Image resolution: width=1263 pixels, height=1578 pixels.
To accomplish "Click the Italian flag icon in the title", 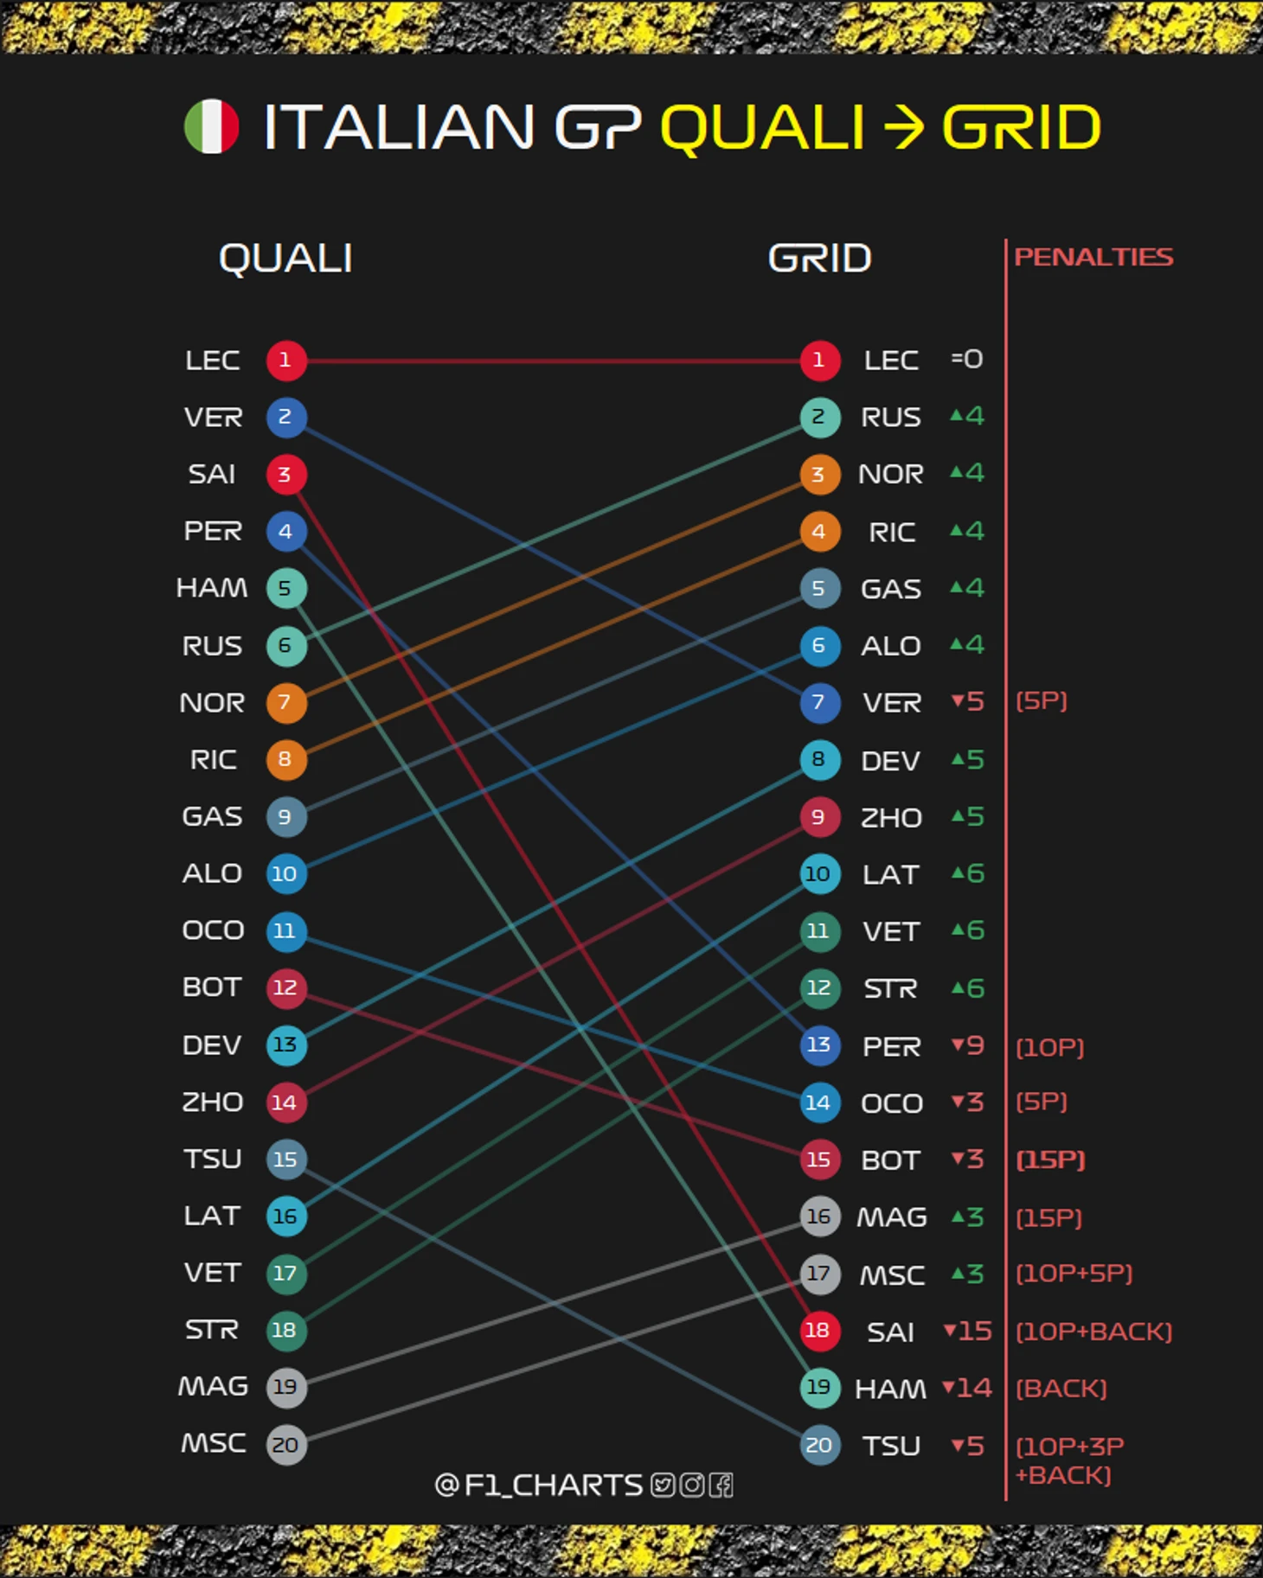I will pyautogui.click(x=212, y=127).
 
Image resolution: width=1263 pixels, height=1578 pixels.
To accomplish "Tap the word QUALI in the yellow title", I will pyautogui.click(x=762, y=128).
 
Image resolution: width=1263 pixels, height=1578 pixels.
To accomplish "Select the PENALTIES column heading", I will pyautogui.click(x=1093, y=257).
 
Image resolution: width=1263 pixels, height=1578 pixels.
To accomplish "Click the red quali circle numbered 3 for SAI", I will pyautogui.click(x=285, y=475).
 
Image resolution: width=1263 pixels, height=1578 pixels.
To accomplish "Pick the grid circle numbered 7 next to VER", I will pyautogui.click(x=819, y=702).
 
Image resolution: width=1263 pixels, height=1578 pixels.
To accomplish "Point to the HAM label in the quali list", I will pyautogui.click(x=212, y=589).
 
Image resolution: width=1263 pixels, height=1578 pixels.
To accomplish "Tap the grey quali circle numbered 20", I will pyautogui.click(x=285, y=1444).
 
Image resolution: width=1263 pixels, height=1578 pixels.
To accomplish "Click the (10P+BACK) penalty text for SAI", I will pyautogui.click(x=1093, y=1332).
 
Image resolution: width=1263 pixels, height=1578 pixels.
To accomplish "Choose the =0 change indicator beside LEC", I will pyautogui.click(x=967, y=359).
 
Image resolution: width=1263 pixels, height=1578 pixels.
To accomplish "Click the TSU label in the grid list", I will pyautogui.click(x=891, y=1446).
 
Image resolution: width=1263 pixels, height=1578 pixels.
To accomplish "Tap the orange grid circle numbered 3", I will pyautogui.click(x=819, y=475).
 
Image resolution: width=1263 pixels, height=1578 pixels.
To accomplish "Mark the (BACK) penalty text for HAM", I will pyautogui.click(x=1061, y=1389).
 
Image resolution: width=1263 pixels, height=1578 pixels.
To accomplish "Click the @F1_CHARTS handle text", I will pyautogui.click(x=538, y=1485).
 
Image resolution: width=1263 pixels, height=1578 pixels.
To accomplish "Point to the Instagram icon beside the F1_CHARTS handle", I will pyautogui.click(x=692, y=1485).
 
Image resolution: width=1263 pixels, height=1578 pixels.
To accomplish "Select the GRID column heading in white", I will pyautogui.click(x=819, y=259).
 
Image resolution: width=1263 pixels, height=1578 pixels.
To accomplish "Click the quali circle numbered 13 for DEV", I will pyautogui.click(x=285, y=1045).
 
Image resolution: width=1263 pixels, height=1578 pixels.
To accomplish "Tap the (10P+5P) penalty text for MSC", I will pyautogui.click(x=1074, y=1274).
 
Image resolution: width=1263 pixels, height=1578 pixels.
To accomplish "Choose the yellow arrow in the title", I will pyautogui.click(x=903, y=128).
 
